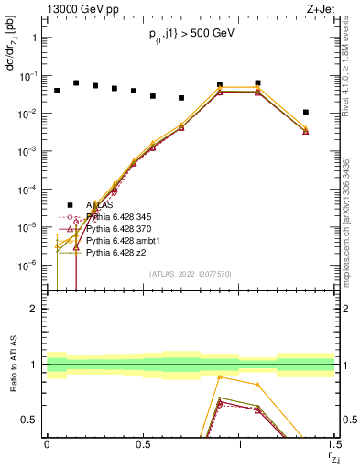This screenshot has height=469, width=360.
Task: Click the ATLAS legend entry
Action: point(100,205)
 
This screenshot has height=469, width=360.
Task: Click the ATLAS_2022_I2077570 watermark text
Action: point(191,274)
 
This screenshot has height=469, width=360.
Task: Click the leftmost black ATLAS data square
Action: point(57,91)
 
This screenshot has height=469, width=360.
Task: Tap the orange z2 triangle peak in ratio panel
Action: point(220,376)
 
